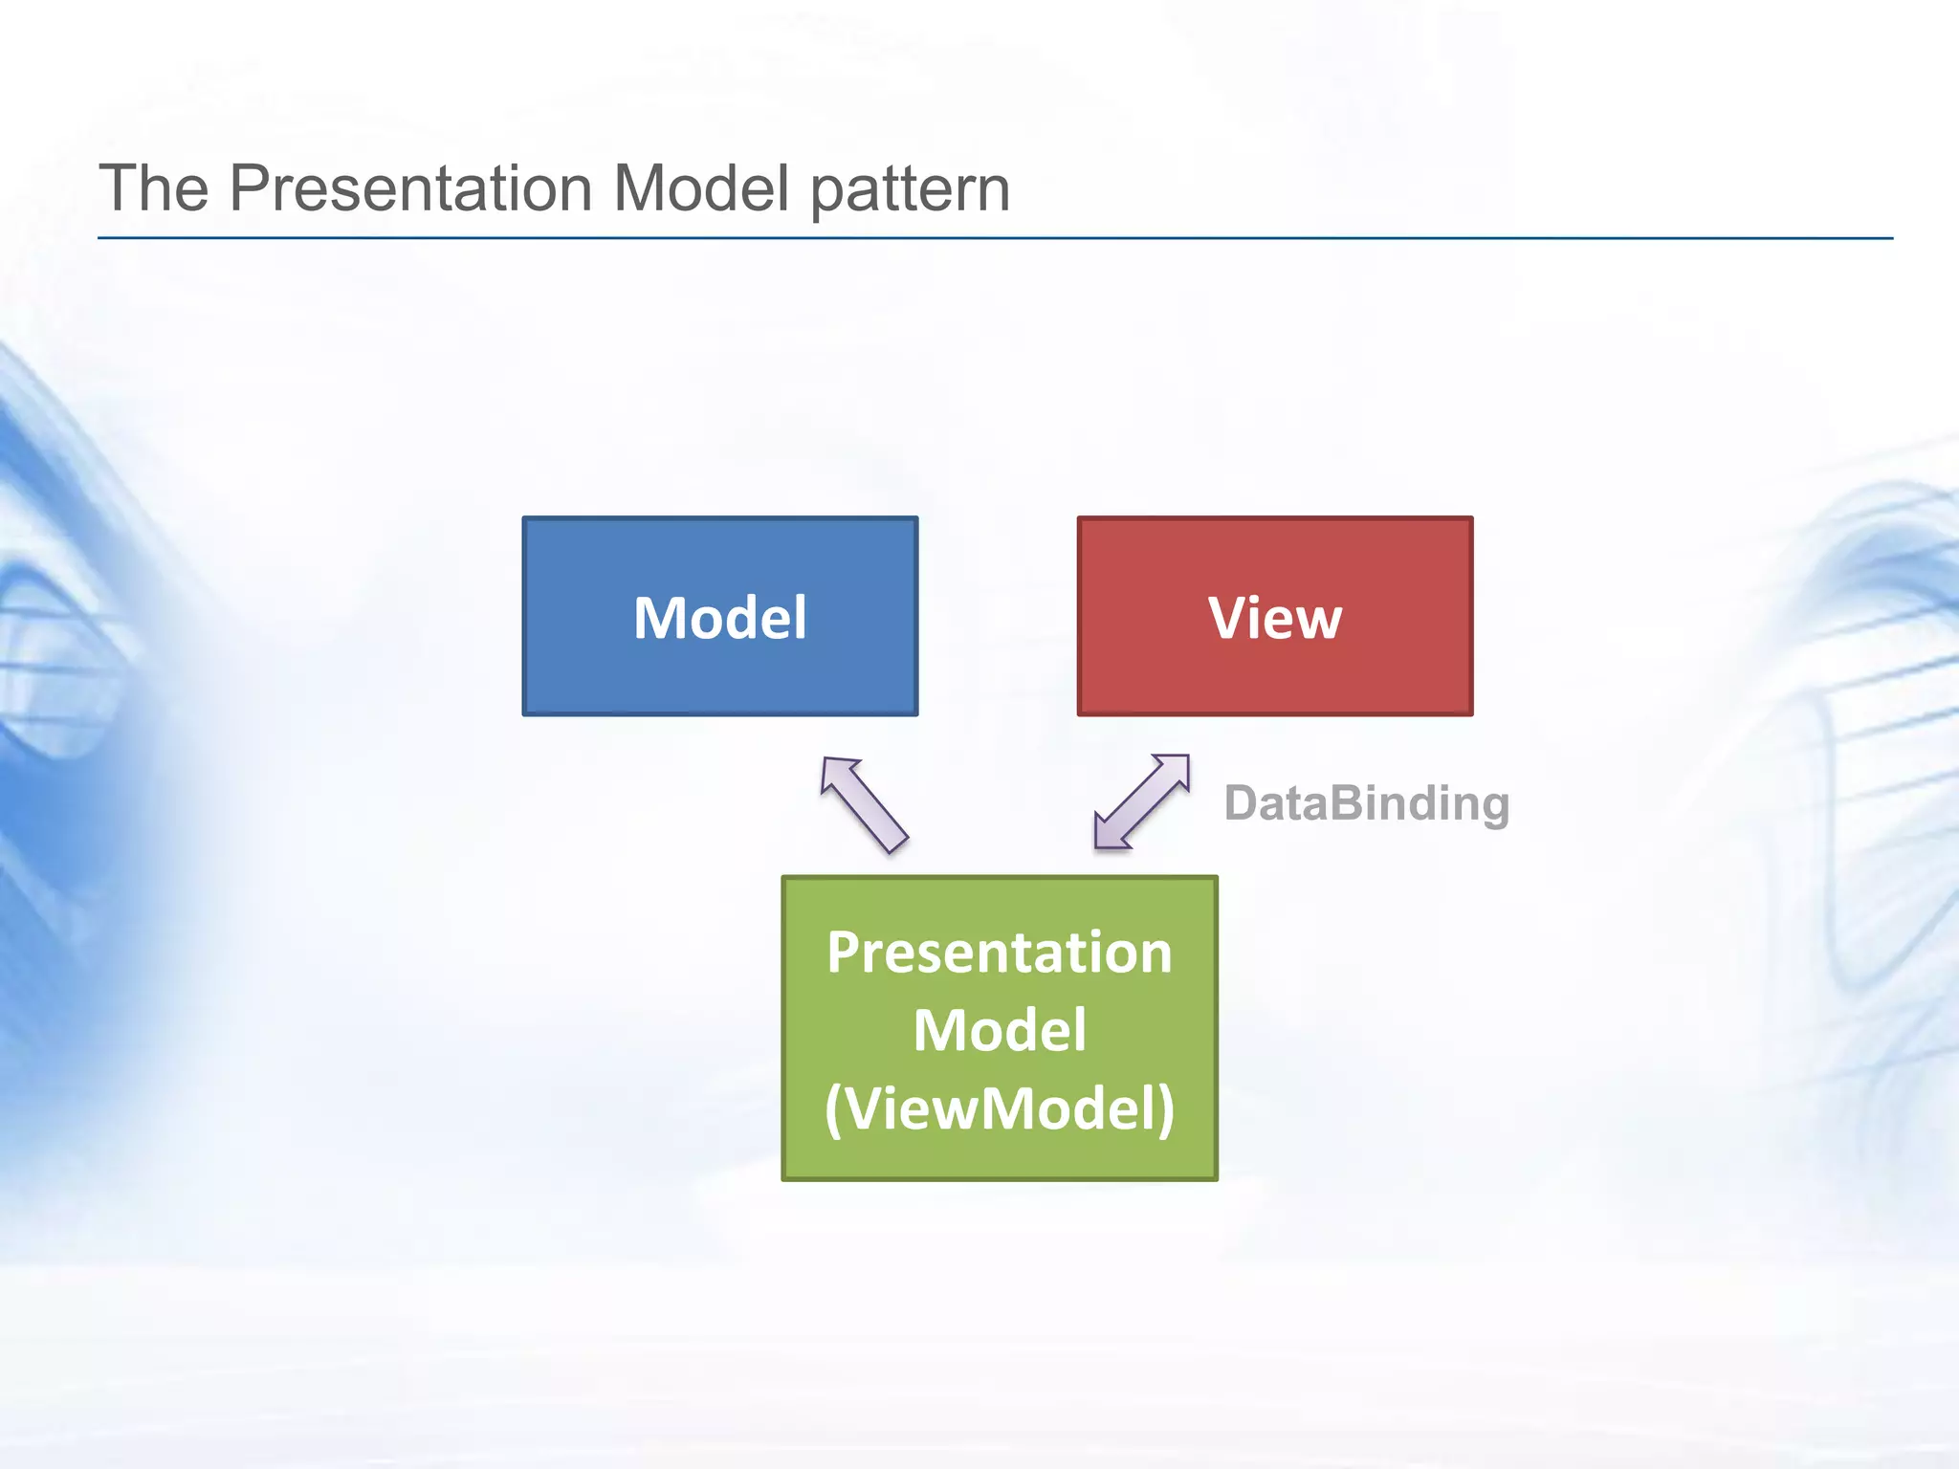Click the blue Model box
719,669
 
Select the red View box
1274,669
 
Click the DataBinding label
1366,803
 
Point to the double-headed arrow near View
1142,801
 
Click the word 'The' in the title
154,187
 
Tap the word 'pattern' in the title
910,189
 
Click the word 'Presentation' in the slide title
410,187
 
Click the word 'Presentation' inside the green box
999,953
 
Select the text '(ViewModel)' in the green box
999,1109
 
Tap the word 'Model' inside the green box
999,1031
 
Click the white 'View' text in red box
1274,618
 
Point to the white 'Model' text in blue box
719,618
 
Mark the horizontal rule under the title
995,238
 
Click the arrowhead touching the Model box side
839,773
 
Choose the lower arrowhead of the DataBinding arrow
1110,833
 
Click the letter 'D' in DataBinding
1242,803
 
